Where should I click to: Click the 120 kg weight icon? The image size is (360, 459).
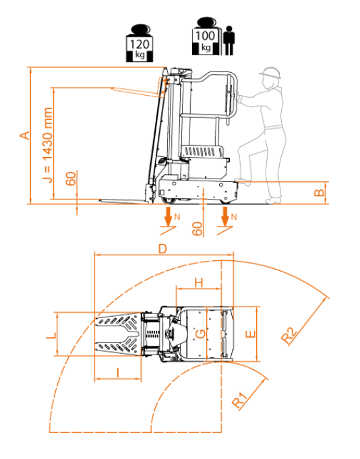[140, 43]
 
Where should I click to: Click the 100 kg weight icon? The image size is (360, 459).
[206, 36]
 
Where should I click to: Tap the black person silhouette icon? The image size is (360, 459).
[229, 40]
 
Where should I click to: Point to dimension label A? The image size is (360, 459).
[25, 135]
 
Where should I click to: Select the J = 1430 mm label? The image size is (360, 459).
[47, 145]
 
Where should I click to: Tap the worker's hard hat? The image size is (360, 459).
[270, 73]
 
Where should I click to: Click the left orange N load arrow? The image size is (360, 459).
[168, 216]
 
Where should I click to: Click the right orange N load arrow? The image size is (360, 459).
[224, 216]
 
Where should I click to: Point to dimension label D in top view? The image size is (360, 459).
[162, 249]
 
